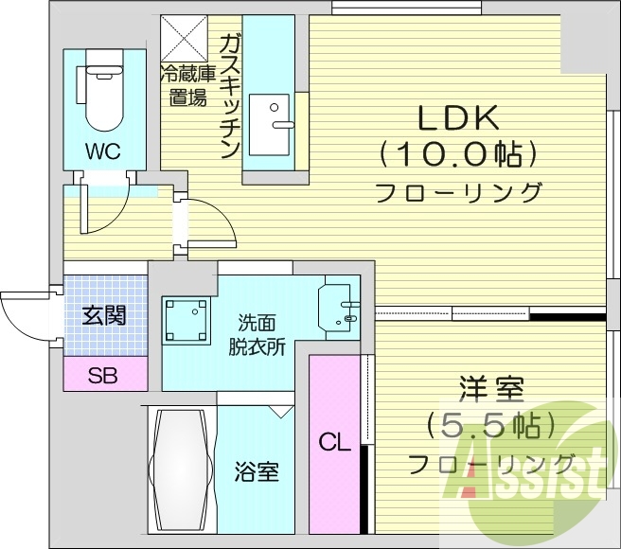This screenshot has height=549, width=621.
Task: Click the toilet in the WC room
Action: click(104, 91)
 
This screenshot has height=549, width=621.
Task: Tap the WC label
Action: click(103, 151)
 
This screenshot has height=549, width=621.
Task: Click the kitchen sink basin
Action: click(269, 125)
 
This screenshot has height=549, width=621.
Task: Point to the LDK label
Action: click(458, 119)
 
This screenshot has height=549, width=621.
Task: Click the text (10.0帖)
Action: click(458, 154)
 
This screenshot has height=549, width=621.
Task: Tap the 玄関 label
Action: click(104, 316)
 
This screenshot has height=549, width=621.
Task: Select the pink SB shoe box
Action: click(105, 374)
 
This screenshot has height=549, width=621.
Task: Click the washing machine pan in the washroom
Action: click(186, 321)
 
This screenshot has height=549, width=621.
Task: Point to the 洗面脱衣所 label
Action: click(257, 335)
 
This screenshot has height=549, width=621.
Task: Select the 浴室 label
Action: click(257, 471)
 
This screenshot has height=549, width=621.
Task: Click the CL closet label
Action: click(335, 442)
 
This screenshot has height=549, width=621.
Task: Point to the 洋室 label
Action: click(491, 389)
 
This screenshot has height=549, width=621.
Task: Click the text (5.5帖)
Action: click(489, 426)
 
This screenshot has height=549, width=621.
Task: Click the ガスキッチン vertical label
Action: click(230, 97)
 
